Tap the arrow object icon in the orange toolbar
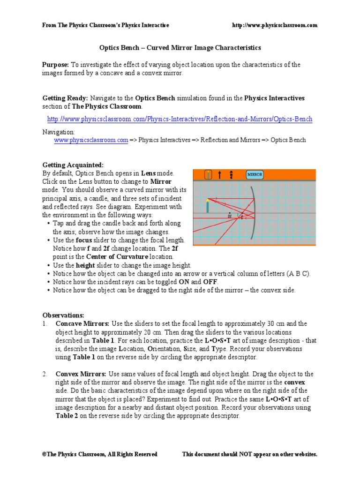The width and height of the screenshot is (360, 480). click(219, 175)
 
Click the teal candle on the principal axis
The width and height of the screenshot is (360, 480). click(207, 207)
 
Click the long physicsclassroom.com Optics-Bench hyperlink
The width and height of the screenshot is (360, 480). click(180, 120)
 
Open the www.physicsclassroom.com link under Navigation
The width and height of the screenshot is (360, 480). click(91, 140)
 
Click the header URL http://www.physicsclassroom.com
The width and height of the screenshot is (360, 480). click(275, 25)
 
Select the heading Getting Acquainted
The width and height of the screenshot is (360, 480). click(73, 165)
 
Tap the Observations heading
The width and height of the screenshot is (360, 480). click(63, 315)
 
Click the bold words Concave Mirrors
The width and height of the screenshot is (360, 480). click(82, 323)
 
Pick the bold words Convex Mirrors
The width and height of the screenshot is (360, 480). click(81, 374)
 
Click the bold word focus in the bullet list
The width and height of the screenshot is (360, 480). click(83, 240)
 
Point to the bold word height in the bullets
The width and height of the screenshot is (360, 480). click(86, 265)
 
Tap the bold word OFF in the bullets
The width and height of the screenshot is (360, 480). click(210, 282)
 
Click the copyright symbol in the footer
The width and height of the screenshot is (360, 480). click(44, 454)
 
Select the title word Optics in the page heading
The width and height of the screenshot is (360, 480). click(108, 48)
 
